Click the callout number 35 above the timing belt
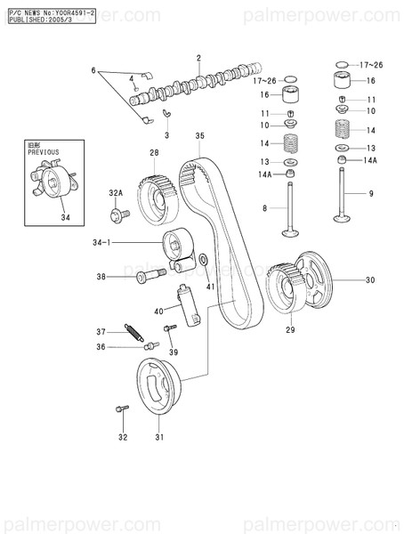point(199,136)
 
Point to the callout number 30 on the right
point(370,279)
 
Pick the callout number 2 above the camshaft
point(198,59)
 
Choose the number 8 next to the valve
point(265,208)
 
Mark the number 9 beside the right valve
point(370,194)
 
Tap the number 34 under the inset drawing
point(64,216)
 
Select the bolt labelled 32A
point(119,214)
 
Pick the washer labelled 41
point(206,260)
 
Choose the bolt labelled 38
point(148,278)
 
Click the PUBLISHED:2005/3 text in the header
point(38,18)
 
